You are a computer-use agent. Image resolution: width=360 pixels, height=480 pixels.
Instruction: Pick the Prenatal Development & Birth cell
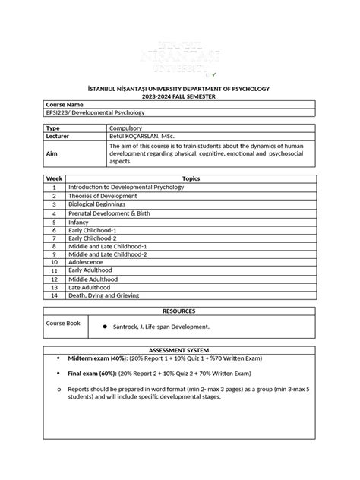[111, 213]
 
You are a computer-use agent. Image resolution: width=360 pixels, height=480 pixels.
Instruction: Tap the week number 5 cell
[55, 222]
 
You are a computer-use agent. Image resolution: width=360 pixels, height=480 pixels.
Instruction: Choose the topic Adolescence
[86, 261]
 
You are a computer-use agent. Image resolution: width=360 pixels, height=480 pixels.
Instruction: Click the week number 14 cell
[55, 295]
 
